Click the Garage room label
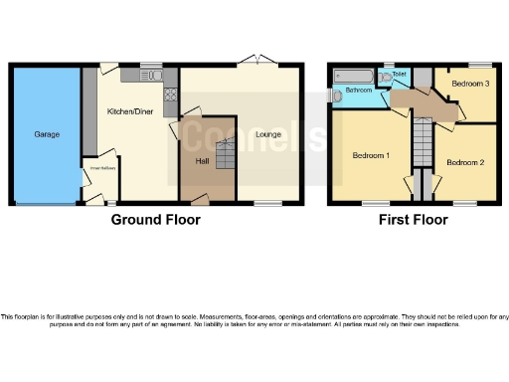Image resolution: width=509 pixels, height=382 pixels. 46,132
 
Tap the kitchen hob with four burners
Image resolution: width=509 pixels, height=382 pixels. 170,95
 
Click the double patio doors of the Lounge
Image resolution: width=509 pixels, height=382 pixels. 258,62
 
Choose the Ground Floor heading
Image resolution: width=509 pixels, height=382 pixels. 155,219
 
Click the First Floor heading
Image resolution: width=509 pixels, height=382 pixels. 412,219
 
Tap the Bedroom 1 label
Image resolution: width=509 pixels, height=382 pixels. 370,154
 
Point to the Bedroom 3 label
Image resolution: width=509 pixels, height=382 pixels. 470,84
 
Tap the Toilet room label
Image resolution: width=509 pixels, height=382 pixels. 399,74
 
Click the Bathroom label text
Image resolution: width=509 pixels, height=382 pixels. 359,91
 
